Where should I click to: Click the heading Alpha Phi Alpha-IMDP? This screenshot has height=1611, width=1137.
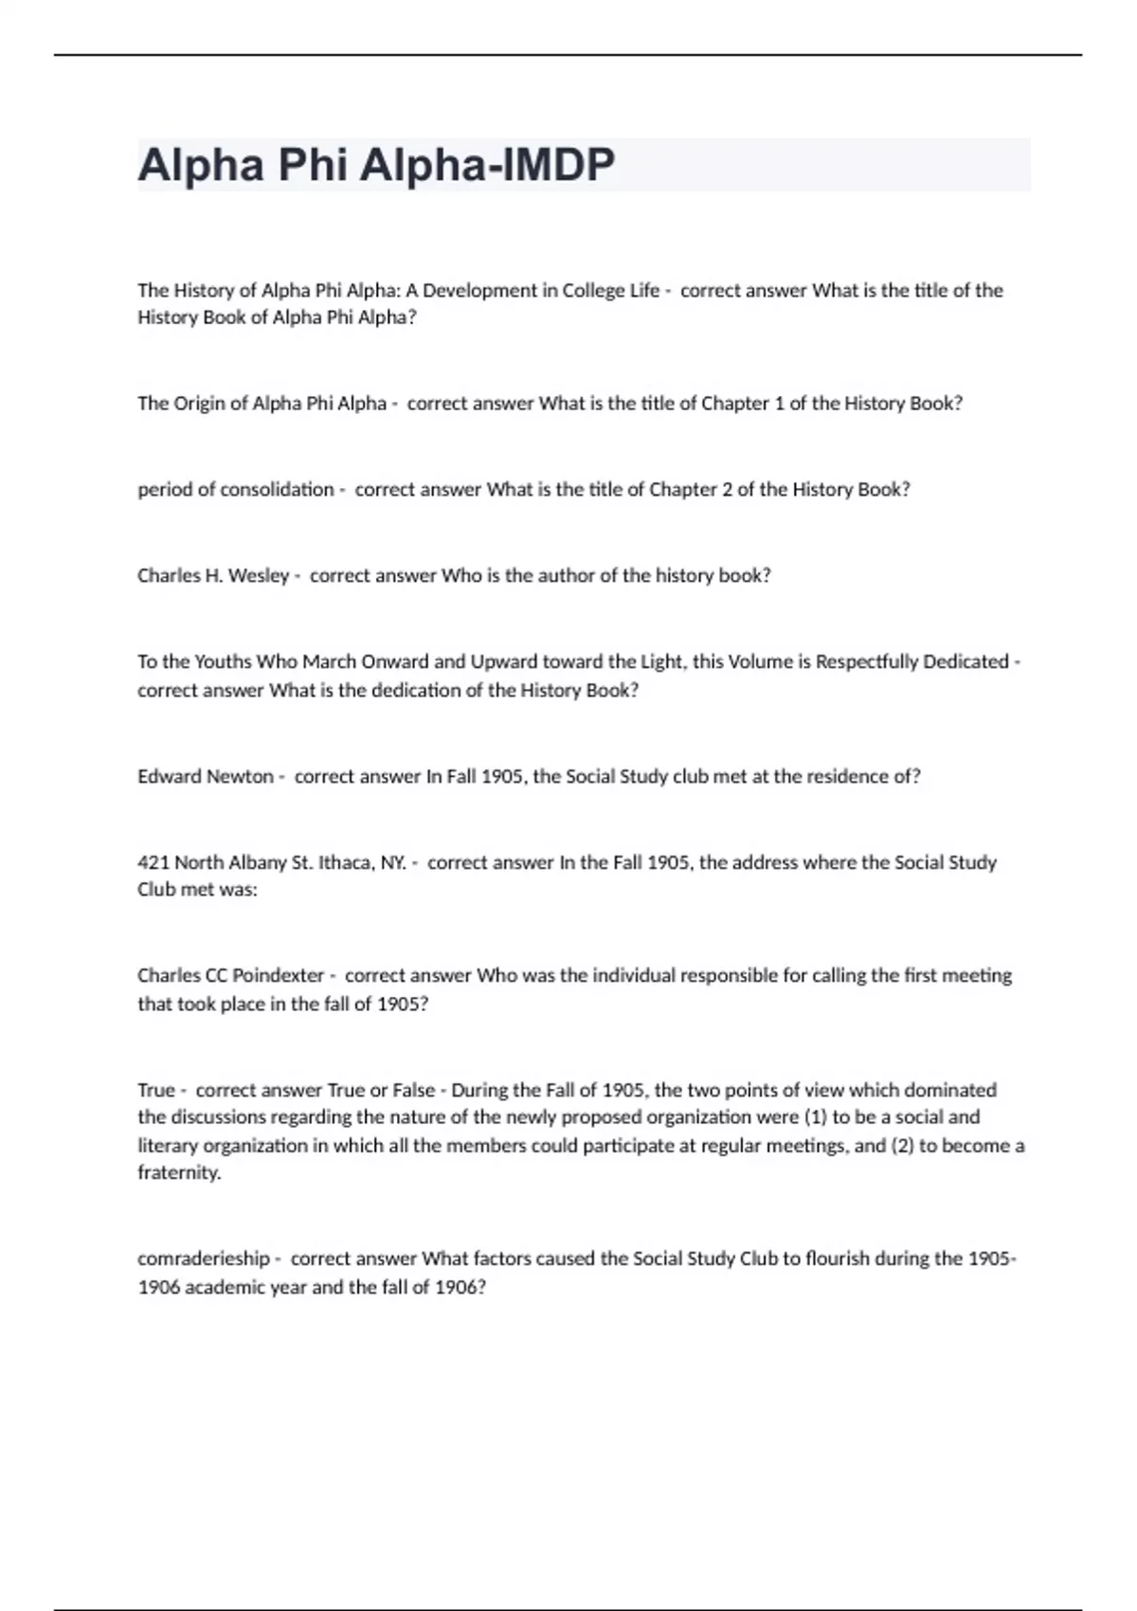(376, 165)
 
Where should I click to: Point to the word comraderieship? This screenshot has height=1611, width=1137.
(204, 1259)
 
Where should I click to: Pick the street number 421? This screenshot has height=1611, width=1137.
(152, 862)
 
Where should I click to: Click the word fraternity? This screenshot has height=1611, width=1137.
(178, 1173)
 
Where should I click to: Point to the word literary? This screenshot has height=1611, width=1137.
(168, 1146)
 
